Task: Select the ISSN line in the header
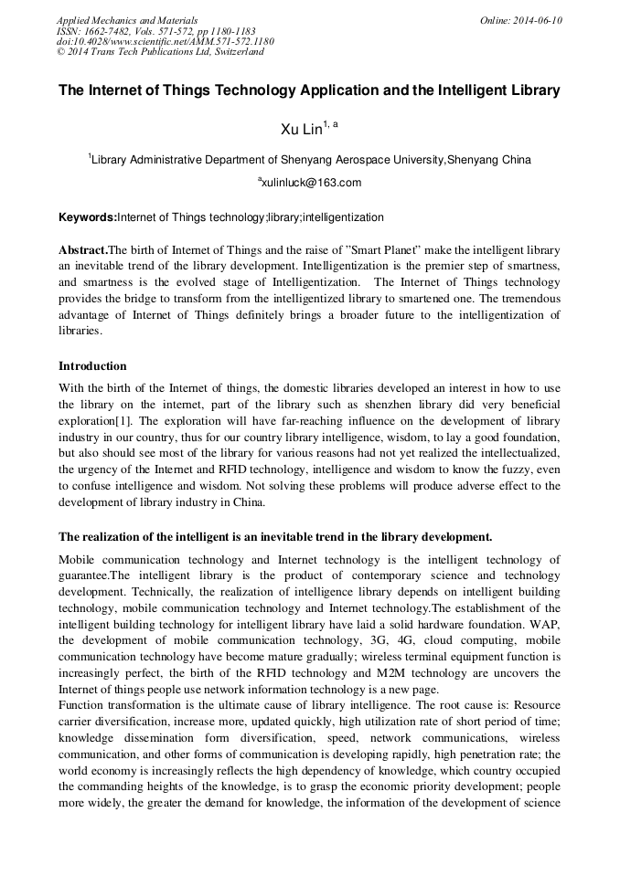click(x=156, y=31)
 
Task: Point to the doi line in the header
click(x=165, y=41)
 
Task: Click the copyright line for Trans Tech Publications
click(x=160, y=52)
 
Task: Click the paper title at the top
click(x=309, y=91)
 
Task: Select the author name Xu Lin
click(x=301, y=130)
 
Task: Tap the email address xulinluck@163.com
click(x=311, y=183)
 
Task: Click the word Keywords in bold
click(x=87, y=217)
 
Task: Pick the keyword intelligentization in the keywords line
click(x=343, y=217)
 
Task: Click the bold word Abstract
click(x=83, y=249)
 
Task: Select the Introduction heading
click(x=92, y=365)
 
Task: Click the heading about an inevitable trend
click(x=275, y=536)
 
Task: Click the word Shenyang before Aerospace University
click(x=278, y=160)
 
